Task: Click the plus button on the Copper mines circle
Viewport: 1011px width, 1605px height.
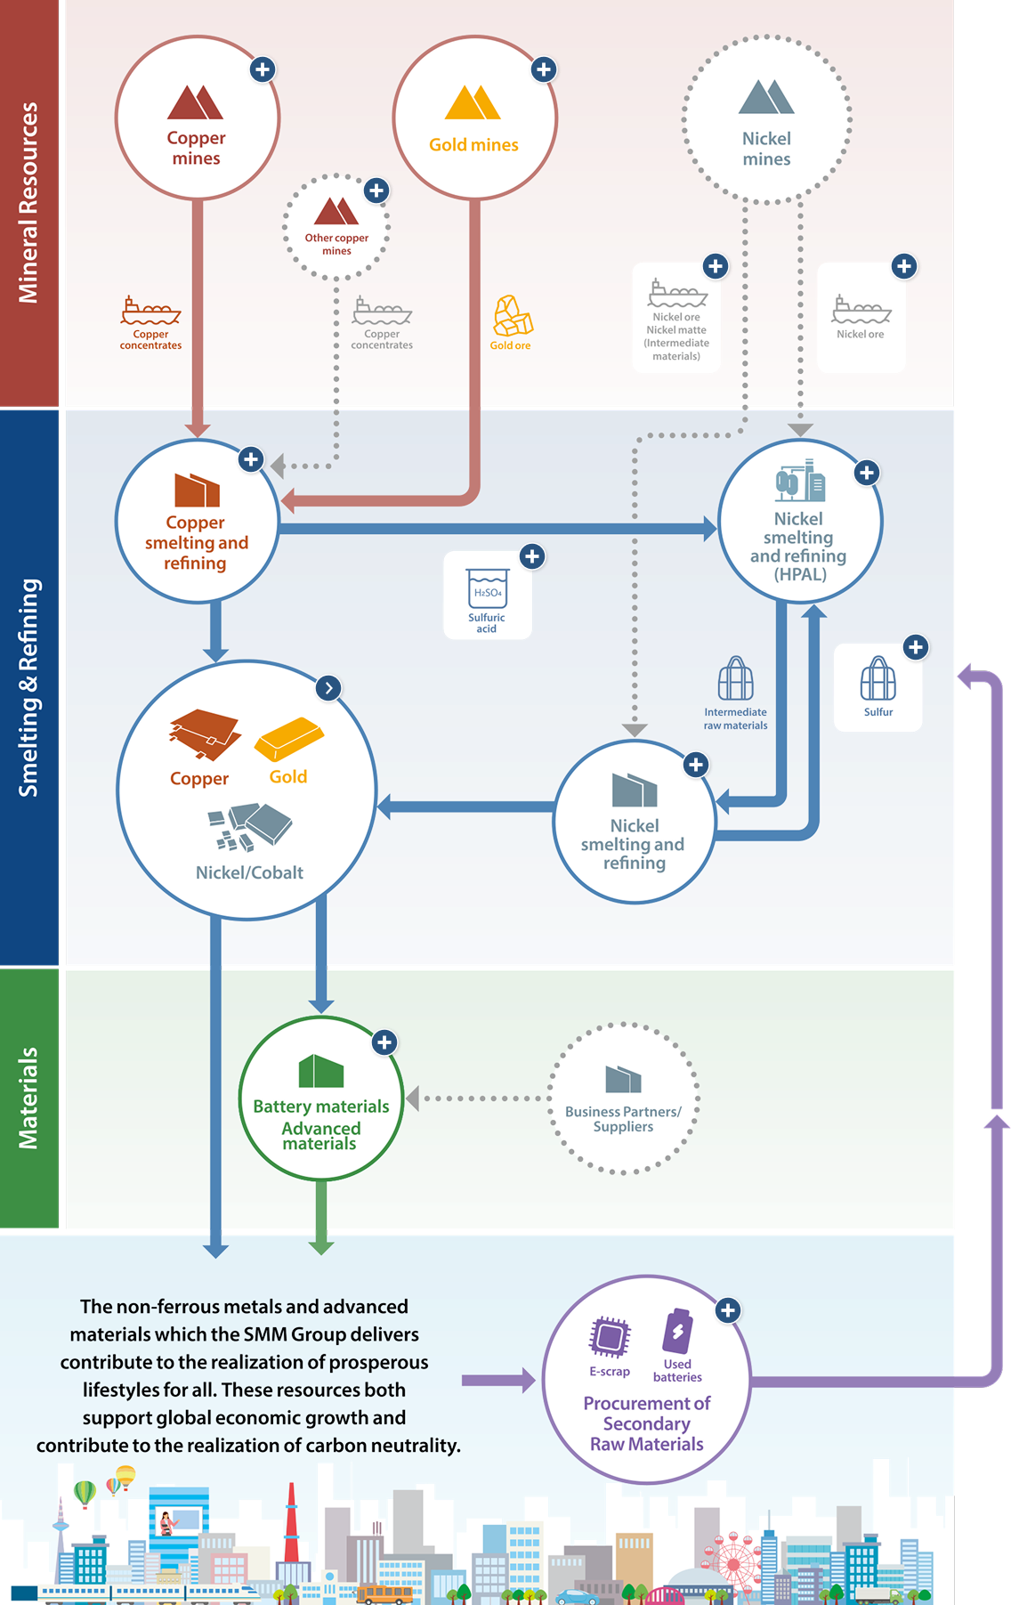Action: pos(262,69)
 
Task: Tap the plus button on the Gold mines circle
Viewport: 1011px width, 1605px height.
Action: pos(544,69)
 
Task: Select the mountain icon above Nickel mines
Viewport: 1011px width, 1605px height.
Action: pos(765,97)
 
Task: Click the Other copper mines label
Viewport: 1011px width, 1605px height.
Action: pos(336,244)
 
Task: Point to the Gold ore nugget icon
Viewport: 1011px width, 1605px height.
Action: pos(513,316)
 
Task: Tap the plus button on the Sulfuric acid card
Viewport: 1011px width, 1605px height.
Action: pos(532,556)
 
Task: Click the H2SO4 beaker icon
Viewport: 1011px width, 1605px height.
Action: pos(488,588)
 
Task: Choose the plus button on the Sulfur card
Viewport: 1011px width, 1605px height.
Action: pos(916,647)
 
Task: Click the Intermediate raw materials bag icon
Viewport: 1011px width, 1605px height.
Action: pos(736,678)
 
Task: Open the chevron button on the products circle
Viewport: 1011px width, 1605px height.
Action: pos(329,688)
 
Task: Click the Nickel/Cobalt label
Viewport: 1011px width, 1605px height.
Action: pos(249,872)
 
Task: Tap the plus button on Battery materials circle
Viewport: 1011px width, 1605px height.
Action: pos(384,1042)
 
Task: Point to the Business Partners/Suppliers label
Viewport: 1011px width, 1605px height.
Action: pos(623,1119)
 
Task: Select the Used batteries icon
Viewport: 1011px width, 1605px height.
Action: pos(677,1331)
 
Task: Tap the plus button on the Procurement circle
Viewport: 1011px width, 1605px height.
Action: pos(728,1310)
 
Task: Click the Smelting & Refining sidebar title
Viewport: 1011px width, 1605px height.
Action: pos(28,687)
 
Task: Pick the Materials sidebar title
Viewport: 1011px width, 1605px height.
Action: pos(28,1098)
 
